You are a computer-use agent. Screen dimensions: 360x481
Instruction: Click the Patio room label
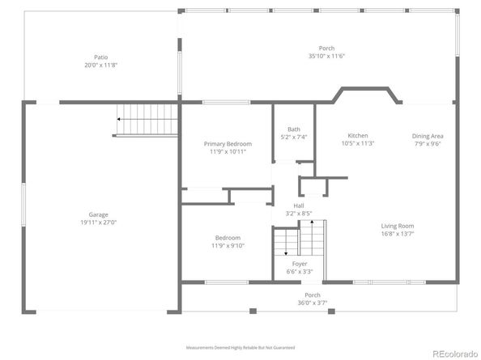(100, 57)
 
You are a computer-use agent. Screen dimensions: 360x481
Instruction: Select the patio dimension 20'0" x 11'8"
(100, 66)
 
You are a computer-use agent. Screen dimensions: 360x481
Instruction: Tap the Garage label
(98, 214)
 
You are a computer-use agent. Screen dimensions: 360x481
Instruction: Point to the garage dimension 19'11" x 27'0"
(98, 222)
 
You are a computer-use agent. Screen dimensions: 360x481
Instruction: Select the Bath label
(294, 129)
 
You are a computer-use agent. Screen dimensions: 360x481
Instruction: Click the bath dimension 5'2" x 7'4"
(294, 138)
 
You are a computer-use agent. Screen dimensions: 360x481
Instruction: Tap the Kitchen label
(358, 136)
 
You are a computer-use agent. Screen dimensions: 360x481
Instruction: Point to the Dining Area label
(428, 136)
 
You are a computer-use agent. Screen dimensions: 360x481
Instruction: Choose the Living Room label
(398, 226)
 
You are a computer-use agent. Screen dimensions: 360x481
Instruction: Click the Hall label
(299, 205)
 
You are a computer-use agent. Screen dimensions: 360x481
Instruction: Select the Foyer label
(299, 264)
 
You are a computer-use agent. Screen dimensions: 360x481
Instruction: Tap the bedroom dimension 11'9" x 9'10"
(228, 246)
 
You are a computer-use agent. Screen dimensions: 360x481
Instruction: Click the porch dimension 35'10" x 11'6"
(326, 57)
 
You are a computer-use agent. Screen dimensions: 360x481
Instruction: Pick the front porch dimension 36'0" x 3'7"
(313, 303)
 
